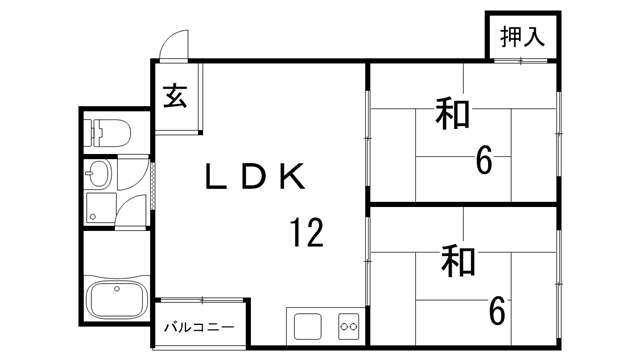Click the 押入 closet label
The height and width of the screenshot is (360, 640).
pyautogui.click(x=522, y=38)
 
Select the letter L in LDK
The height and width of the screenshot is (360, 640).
pyautogui.click(x=215, y=177)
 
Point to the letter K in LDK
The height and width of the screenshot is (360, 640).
pyautogui.click(x=291, y=177)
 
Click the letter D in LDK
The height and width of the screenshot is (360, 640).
pyautogui.click(x=253, y=177)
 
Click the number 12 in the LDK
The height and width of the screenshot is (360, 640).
pyautogui.click(x=307, y=234)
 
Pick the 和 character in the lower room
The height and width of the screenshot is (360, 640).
pyautogui.click(x=458, y=262)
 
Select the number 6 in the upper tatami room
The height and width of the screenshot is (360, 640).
pyautogui.click(x=484, y=160)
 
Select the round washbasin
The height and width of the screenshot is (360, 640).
pyautogui.click(x=98, y=174)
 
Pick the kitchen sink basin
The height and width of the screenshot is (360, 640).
pyautogui.click(x=307, y=326)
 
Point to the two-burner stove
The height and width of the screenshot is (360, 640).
pyautogui.click(x=348, y=326)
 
